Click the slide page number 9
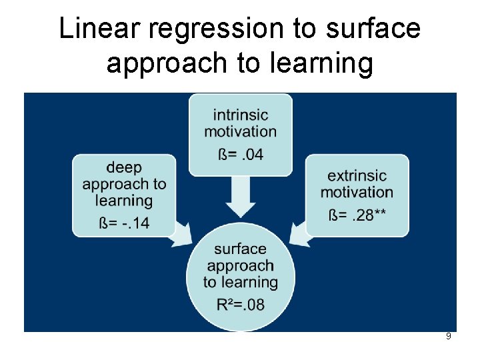click(448, 337)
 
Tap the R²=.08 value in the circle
click(240, 305)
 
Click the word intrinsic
click(240, 115)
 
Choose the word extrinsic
click(357, 175)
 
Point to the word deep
click(124, 167)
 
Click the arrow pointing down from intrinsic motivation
click(240, 197)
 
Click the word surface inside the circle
click(240, 249)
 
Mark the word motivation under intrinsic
click(240, 131)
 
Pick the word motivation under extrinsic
click(357, 192)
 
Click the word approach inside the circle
click(240, 265)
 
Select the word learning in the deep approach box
click(124, 201)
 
